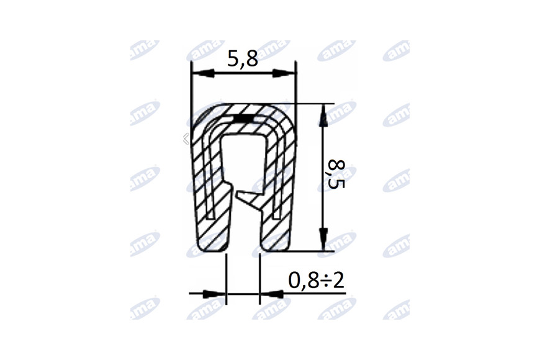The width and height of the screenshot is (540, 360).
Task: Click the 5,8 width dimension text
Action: pyautogui.click(x=243, y=59)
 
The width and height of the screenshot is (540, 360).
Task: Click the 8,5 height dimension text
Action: pyautogui.click(x=336, y=174)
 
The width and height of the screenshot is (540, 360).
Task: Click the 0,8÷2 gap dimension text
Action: pyautogui.click(x=316, y=281)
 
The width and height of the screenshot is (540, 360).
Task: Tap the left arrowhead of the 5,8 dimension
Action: pyautogui.click(x=203, y=73)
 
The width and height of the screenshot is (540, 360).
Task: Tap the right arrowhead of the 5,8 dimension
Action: pyautogui.click(x=284, y=73)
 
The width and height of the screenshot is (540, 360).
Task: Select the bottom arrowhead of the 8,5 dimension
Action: pyautogui.click(x=323, y=239)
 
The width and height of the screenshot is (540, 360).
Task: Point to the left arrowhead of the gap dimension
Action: pyautogui.click(x=214, y=294)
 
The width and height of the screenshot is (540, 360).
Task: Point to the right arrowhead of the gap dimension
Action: pyautogui.click(x=271, y=294)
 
